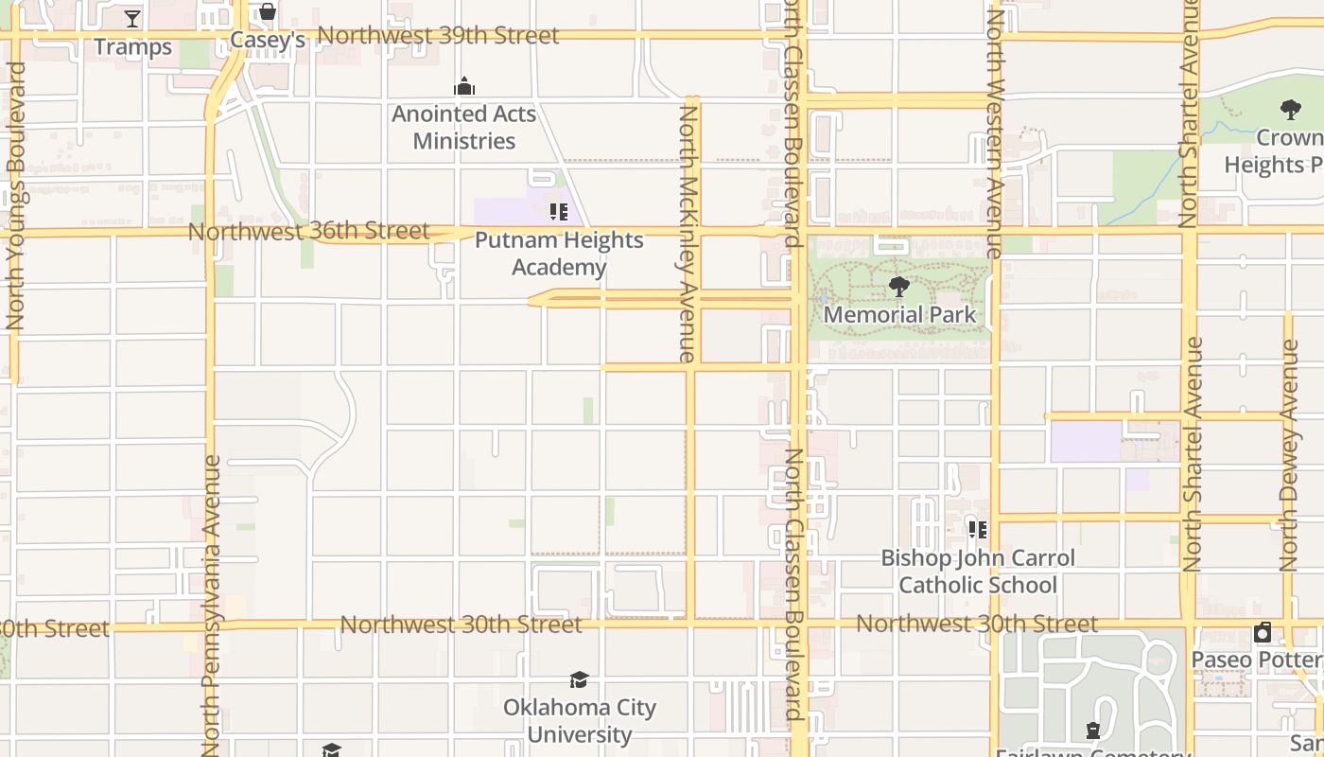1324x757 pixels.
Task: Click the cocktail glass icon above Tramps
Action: click(132, 18)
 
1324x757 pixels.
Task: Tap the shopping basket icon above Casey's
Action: click(268, 11)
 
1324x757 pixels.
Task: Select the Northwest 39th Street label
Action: click(438, 36)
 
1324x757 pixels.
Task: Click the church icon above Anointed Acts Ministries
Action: click(464, 87)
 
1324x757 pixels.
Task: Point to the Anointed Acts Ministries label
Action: click(464, 128)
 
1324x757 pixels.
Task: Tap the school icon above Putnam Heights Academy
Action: click(558, 211)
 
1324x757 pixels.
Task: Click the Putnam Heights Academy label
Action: click(559, 254)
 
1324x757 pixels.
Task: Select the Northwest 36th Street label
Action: click(308, 231)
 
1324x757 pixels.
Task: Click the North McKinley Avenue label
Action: click(688, 233)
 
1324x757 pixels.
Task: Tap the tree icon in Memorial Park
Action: click(899, 286)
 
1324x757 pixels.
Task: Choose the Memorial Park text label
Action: click(899, 314)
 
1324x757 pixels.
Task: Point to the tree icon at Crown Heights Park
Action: click(1290, 110)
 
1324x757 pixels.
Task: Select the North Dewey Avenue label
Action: click(1289, 456)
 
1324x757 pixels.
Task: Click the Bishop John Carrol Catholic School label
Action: click(978, 572)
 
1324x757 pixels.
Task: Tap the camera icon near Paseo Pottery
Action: click(1263, 633)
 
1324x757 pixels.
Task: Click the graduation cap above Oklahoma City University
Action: click(579, 679)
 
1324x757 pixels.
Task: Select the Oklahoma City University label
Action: click(580, 721)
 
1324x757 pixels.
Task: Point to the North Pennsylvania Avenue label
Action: click(211, 606)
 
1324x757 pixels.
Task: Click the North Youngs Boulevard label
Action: click(15, 197)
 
